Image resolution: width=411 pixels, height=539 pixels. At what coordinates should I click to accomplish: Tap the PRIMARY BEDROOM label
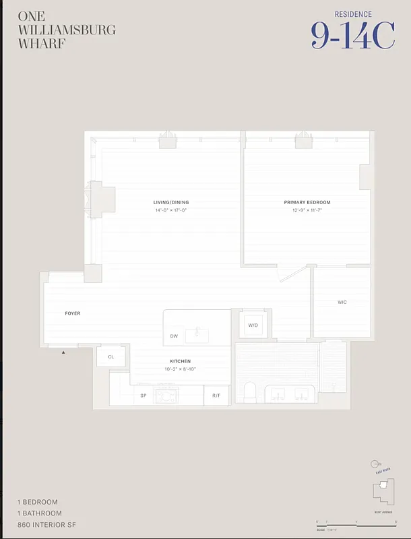point(307,202)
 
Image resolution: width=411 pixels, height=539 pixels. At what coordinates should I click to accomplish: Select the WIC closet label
point(342,303)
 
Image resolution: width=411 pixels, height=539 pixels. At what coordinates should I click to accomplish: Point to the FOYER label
point(73,313)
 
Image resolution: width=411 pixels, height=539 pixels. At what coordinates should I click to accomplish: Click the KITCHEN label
point(180,361)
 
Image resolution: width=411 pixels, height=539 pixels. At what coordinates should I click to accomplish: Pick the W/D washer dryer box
point(253,325)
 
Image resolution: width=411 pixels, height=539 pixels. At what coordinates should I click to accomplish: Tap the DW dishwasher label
point(174,336)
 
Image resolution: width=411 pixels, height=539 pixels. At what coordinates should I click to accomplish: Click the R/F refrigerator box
point(216,395)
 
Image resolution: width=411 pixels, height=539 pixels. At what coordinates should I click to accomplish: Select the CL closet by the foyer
point(110,356)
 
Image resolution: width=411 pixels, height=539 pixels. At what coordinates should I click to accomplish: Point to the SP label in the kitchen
point(144,395)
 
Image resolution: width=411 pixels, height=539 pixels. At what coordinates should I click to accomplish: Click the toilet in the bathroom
point(249,392)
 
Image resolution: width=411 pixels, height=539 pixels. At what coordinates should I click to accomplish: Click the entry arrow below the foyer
point(64,352)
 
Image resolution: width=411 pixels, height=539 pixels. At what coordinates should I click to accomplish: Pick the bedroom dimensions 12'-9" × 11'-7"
point(307,210)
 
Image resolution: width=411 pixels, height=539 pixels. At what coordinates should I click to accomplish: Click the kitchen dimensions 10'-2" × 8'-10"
point(180,369)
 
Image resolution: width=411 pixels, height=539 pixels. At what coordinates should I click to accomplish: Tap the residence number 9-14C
point(352,35)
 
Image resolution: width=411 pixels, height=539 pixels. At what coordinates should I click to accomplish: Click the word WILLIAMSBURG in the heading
point(67,30)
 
